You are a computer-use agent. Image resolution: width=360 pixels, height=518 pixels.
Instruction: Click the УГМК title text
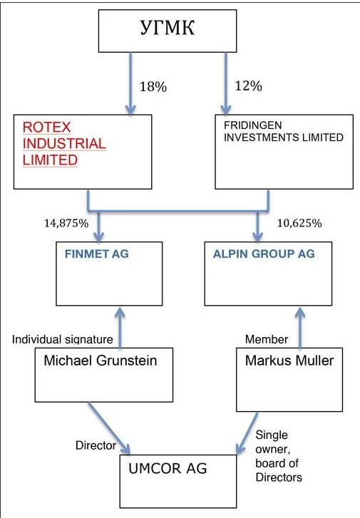[168, 27]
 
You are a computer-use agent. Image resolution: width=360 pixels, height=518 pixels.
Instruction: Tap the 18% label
[153, 87]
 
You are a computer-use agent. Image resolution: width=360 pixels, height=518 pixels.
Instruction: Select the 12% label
[248, 86]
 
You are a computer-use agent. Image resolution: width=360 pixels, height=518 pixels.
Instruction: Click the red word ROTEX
[46, 128]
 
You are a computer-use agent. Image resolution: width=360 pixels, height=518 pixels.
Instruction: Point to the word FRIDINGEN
[253, 125]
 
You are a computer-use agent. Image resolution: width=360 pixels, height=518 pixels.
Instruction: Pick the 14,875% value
[66, 223]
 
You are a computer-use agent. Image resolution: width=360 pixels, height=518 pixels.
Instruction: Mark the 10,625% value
[299, 223]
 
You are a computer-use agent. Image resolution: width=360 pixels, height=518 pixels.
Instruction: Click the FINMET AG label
[96, 254]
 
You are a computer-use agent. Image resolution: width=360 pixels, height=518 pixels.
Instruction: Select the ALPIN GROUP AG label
[264, 254]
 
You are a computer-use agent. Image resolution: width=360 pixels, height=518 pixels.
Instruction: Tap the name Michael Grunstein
[101, 361]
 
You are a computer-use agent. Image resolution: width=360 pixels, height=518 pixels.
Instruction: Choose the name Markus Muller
[289, 361]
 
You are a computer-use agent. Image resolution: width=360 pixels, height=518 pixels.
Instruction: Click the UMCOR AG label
[168, 468]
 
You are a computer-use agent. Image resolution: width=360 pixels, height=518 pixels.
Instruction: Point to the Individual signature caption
[63, 339]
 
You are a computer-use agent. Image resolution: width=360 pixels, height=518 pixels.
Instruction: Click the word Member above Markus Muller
[267, 339]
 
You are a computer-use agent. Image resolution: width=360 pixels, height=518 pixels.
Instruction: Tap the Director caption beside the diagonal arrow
[96, 445]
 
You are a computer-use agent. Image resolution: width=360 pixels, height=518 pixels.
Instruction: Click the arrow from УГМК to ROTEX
[131, 83]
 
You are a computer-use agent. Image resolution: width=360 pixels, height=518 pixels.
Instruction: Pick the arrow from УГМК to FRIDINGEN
[226, 83]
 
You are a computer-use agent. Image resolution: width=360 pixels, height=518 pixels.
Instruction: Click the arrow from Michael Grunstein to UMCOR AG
[109, 428]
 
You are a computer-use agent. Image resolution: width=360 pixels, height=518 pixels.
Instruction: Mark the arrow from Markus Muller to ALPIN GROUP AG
[300, 328]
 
